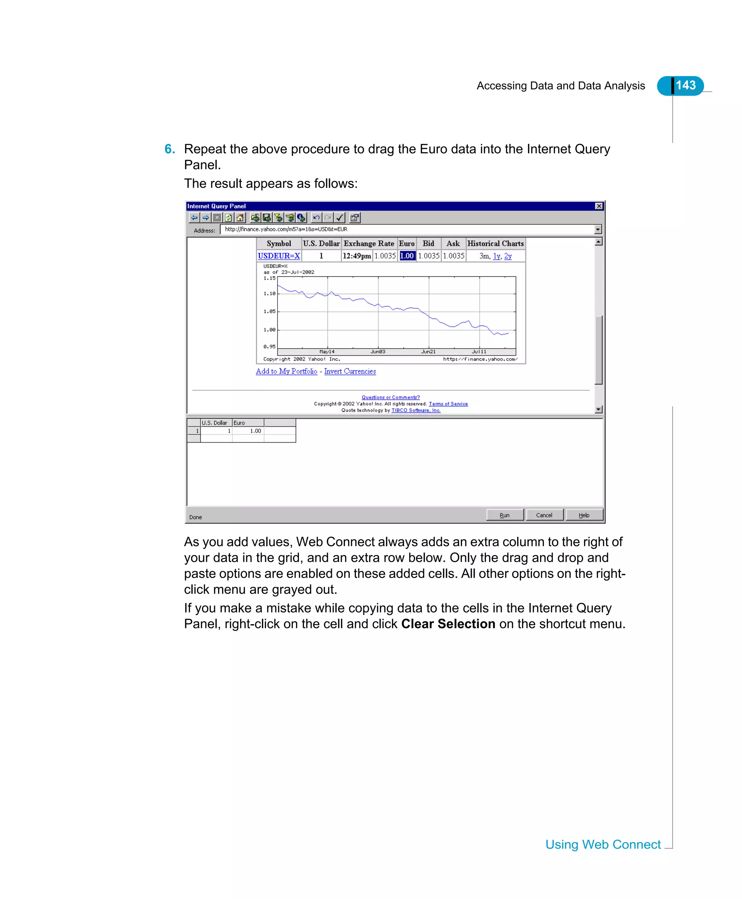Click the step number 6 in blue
[x=169, y=149]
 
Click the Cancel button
[x=544, y=515]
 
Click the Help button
[x=584, y=515]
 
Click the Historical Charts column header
[x=495, y=243]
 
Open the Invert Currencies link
[x=350, y=371]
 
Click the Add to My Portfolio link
[x=286, y=371]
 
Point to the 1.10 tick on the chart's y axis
[x=269, y=293]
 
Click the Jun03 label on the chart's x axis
[x=378, y=352]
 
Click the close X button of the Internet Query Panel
[x=599, y=206]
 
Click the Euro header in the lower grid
[x=239, y=423]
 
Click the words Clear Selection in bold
[x=448, y=624]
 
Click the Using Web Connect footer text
[x=603, y=844]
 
